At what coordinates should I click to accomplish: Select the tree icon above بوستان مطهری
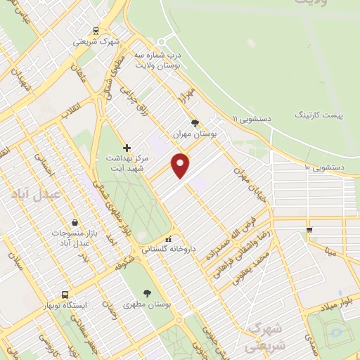coord(147,294)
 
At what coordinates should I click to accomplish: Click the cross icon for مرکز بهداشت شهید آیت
coord(127,148)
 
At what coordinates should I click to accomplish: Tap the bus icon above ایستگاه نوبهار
coord(65,295)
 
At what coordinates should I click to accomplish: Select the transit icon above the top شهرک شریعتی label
coord(96,30)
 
